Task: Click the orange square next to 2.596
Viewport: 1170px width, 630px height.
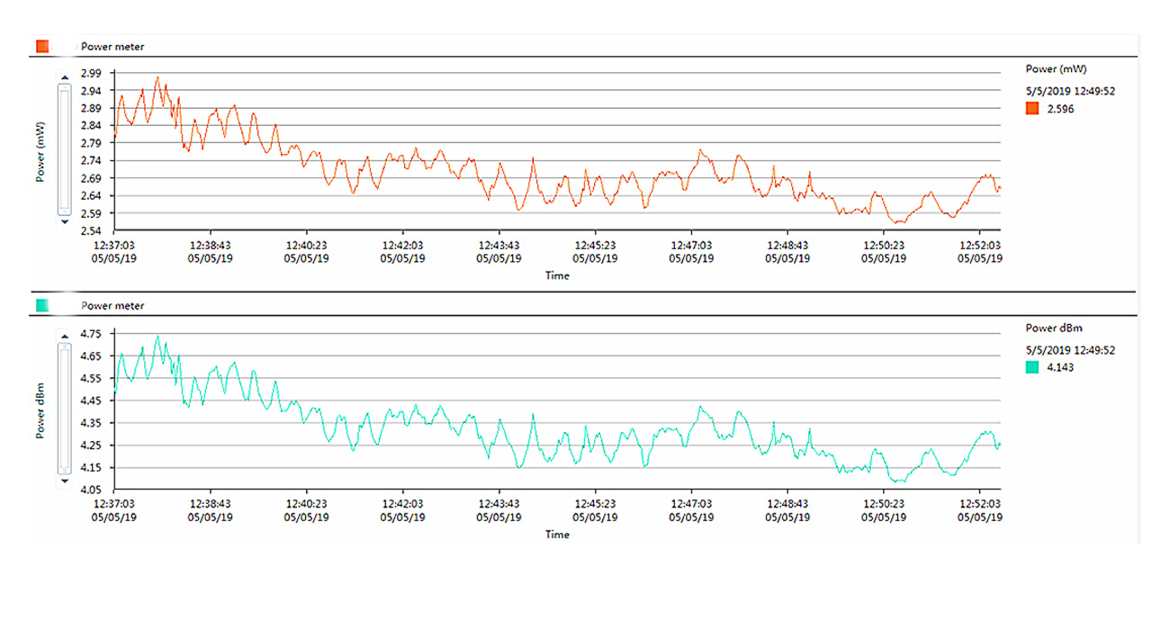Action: (1031, 109)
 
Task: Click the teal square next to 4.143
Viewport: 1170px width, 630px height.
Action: (1031, 367)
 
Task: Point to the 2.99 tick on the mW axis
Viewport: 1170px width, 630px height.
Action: (92, 73)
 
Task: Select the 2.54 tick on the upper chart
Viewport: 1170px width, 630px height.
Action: (92, 231)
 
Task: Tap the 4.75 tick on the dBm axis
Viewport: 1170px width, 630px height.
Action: (92, 334)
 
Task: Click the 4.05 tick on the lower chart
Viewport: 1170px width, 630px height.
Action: (92, 490)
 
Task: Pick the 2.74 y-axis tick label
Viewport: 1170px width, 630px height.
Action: (92, 161)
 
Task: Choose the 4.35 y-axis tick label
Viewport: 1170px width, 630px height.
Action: (92, 423)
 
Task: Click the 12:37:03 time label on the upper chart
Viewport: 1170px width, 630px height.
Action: (114, 245)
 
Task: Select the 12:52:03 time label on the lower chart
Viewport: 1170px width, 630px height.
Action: (979, 504)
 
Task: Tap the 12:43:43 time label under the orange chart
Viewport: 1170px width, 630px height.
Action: (499, 245)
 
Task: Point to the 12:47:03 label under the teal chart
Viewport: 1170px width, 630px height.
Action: (691, 504)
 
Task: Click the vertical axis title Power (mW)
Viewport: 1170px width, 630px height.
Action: (41, 150)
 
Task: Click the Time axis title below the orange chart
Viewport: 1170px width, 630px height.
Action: (557, 275)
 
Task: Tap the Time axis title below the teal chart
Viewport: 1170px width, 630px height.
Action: (557, 535)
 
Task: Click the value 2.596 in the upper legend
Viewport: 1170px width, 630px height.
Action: (1060, 109)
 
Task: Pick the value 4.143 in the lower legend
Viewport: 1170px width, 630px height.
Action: (1060, 367)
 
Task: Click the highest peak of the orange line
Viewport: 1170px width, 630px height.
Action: (157, 77)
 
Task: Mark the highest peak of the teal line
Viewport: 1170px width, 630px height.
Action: (157, 337)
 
